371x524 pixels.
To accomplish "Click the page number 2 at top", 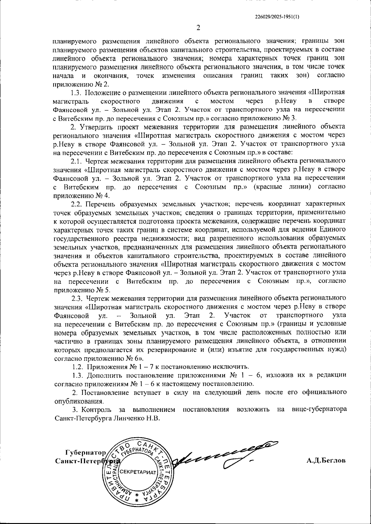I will pyautogui.click(x=198, y=28).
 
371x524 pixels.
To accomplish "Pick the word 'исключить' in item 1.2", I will pyautogui.click(x=235, y=367).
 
